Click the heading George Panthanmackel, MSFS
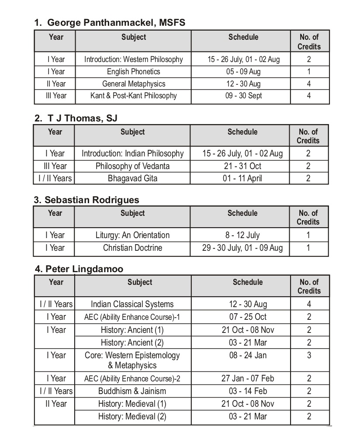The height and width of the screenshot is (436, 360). click(x=110, y=23)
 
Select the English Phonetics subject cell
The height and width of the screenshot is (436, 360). click(x=133, y=72)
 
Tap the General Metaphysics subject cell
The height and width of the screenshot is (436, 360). click(x=133, y=84)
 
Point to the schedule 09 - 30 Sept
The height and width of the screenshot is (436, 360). click(x=243, y=96)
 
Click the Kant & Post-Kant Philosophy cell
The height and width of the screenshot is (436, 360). click(x=133, y=96)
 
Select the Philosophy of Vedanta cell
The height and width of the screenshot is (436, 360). click(x=132, y=166)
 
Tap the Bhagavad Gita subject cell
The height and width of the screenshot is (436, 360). click(x=132, y=178)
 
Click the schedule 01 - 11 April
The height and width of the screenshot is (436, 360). click(x=242, y=178)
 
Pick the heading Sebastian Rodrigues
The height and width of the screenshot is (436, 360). click(x=87, y=200)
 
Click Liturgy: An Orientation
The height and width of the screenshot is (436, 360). click(x=132, y=235)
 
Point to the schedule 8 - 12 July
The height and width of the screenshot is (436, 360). click(x=242, y=235)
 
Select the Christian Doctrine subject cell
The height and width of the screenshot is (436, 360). click(x=132, y=248)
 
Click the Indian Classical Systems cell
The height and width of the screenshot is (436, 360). click(x=132, y=304)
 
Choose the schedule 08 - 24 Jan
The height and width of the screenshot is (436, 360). click(x=248, y=355)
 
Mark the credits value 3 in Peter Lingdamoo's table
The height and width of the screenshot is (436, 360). click(x=309, y=355)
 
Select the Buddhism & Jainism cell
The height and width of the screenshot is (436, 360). click(x=132, y=391)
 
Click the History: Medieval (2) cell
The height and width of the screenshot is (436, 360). click(x=132, y=416)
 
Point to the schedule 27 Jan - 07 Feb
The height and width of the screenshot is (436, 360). click(x=248, y=378)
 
